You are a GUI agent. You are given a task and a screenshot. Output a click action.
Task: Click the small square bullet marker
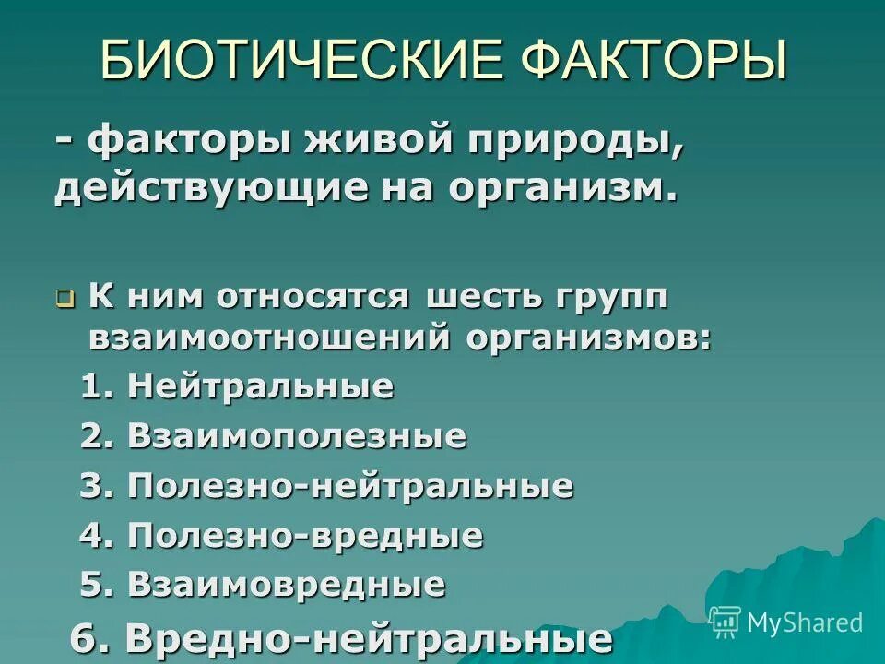tap(65, 300)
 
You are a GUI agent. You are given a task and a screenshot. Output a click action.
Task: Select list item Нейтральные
tap(261, 386)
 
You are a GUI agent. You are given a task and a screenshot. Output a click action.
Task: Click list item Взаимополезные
tap(297, 436)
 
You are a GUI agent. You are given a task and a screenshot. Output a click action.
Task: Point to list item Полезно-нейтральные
tap(350, 486)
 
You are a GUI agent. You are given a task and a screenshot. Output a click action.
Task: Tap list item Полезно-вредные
tap(305, 535)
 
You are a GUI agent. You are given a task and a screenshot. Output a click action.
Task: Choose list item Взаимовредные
tap(287, 584)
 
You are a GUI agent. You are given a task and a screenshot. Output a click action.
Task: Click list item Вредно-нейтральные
tap(368, 637)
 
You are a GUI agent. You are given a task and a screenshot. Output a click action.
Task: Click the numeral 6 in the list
tap(87, 637)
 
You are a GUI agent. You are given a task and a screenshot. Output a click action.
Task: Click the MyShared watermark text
tap(805, 622)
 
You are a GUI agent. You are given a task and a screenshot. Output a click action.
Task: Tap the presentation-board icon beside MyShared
tap(726, 622)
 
